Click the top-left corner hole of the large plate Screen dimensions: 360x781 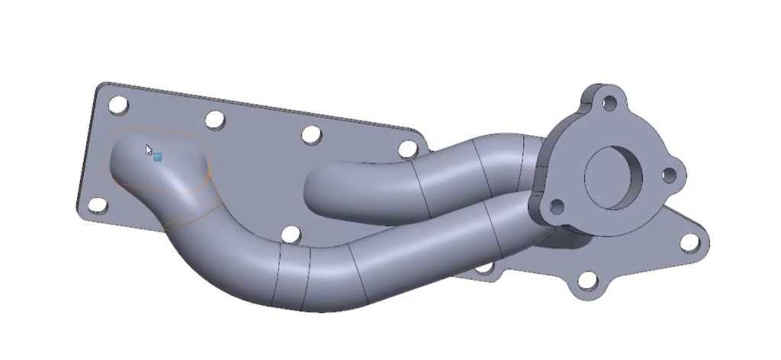click(117, 104)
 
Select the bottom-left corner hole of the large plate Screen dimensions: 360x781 click(98, 205)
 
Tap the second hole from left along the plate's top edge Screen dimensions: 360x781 click(215, 120)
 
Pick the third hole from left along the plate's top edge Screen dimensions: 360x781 click(311, 135)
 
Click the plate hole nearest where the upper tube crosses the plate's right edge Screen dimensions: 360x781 click(409, 149)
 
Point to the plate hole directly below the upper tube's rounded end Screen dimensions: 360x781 click(290, 234)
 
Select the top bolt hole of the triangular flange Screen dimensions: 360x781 click(609, 101)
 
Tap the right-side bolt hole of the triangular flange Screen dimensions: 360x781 click(669, 176)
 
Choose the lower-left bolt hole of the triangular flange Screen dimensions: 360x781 click(558, 207)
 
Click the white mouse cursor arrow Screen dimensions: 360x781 click(149, 149)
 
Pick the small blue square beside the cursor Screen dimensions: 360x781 click(158, 157)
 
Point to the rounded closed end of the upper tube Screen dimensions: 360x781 click(320, 191)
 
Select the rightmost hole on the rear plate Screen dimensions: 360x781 click(689, 243)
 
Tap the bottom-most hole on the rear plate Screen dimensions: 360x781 click(587, 281)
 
